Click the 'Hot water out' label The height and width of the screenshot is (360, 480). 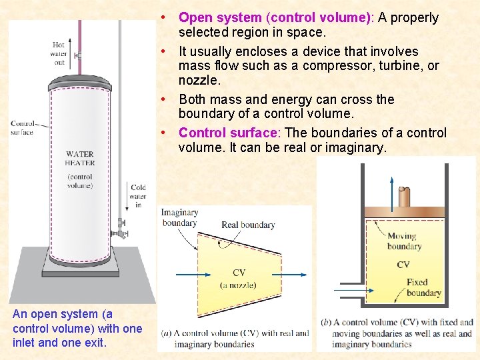tap(59, 54)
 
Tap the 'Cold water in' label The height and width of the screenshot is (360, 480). tap(138, 196)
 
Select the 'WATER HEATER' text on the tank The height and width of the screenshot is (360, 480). tap(80, 159)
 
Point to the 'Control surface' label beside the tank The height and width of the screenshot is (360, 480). tap(22, 127)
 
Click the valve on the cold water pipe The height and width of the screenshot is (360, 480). tap(121, 229)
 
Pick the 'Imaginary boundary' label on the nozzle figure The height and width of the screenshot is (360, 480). tap(179, 218)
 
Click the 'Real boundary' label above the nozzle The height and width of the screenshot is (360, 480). tap(248, 225)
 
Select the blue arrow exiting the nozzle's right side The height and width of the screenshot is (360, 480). tap(300, 274)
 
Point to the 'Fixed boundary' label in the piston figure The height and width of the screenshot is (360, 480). tap(423, 287)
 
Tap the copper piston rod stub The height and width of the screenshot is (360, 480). tap(403, 197)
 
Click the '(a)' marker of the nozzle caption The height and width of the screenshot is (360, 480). tap(167, 333)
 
